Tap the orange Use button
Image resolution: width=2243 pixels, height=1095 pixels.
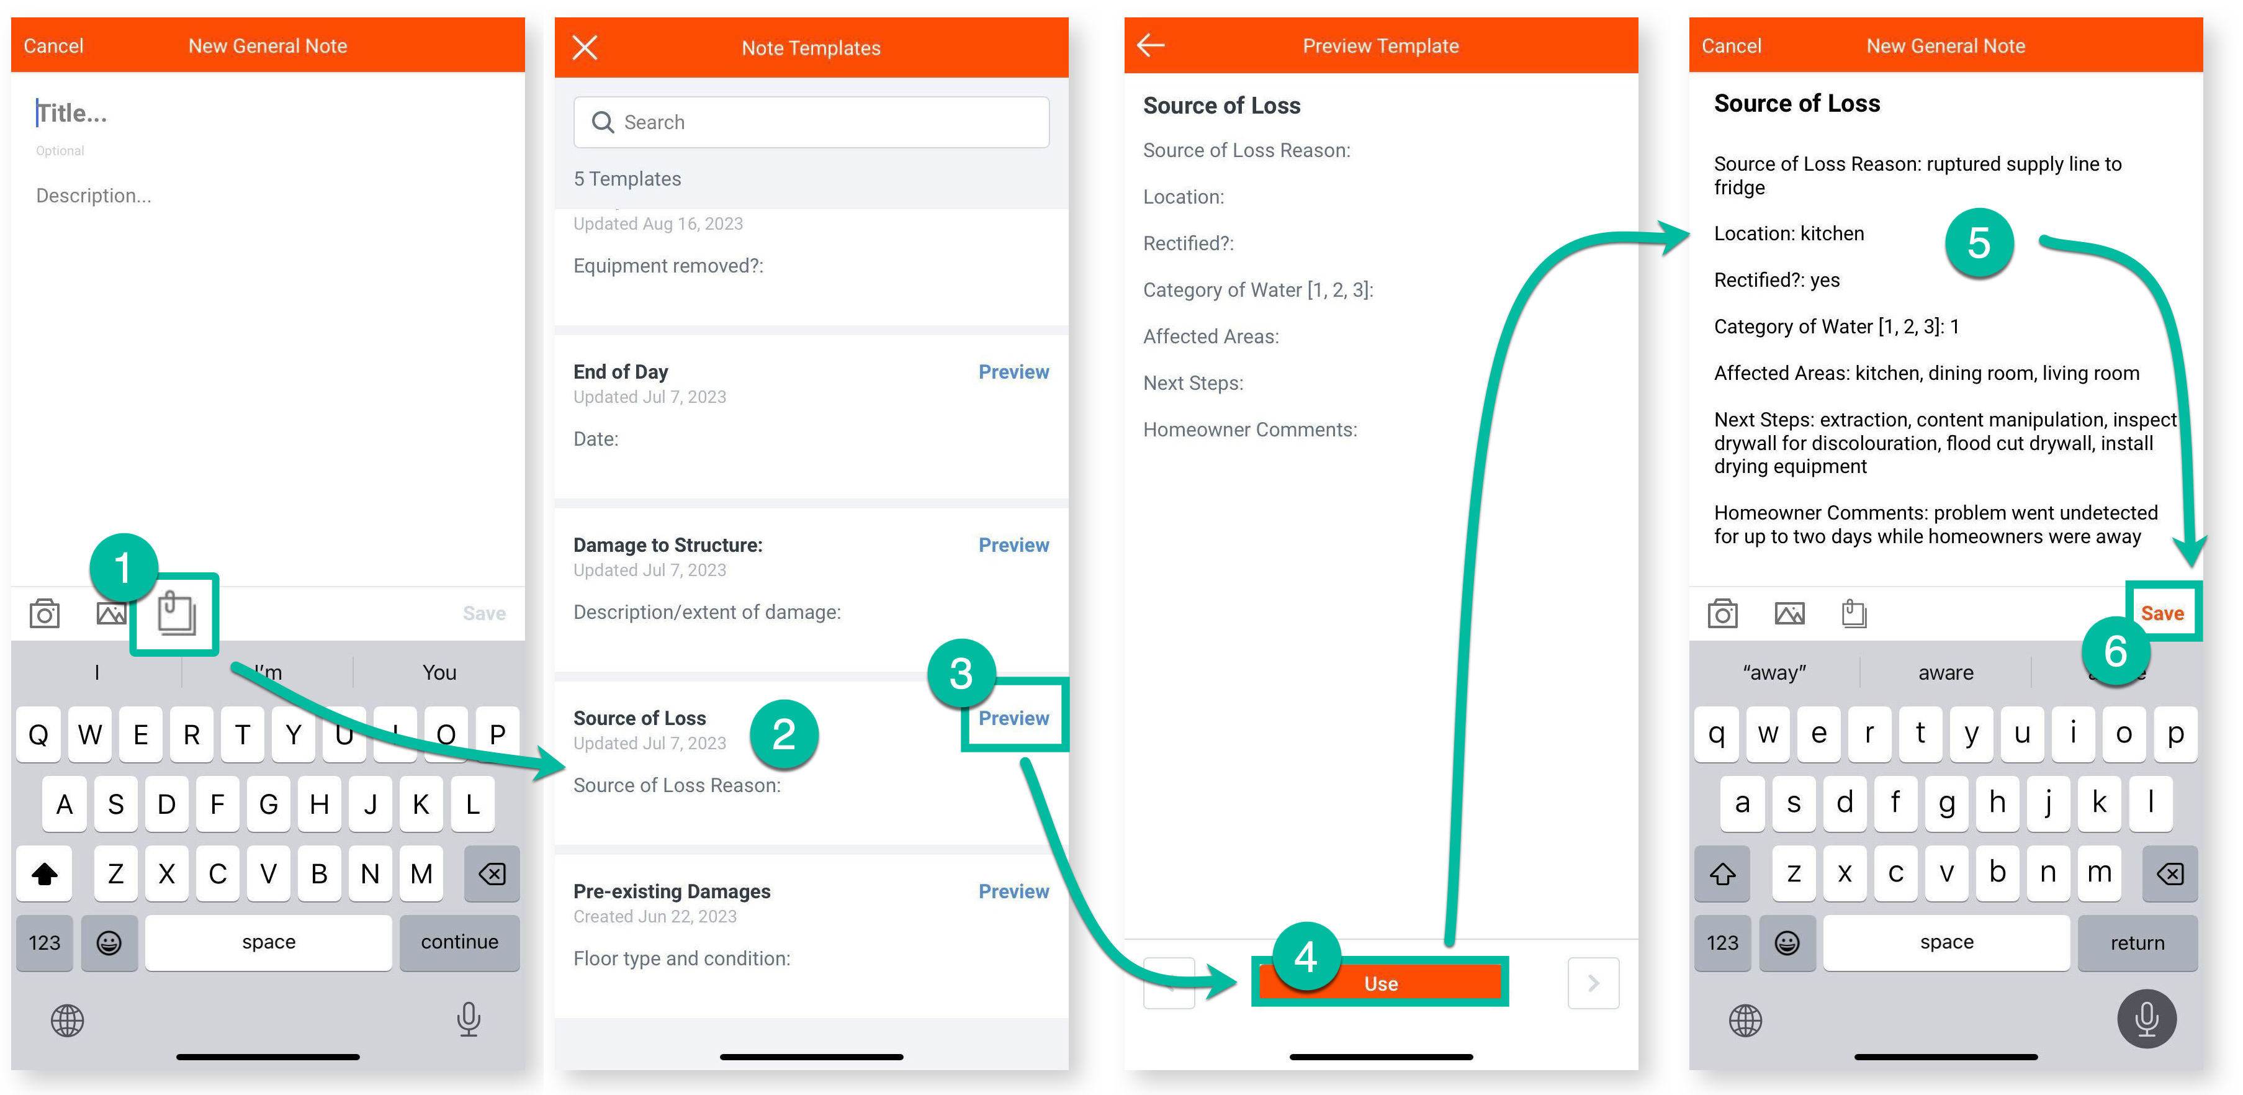coord(1381,983)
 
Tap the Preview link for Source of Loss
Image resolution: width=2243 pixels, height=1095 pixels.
coord(1014,718)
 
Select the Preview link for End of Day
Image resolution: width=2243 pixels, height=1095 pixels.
coord(1014,372)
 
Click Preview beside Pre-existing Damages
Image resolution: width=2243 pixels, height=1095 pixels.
coord(1014,891)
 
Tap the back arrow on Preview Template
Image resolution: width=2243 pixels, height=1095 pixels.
coord(1151,45)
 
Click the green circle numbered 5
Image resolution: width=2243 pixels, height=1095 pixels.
coord(1979,243)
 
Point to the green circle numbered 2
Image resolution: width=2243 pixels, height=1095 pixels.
coord(784,734)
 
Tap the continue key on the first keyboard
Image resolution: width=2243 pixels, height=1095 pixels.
coord(460,942)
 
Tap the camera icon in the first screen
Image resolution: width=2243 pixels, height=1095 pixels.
coord(45,613)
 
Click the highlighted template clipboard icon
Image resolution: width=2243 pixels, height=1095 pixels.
coord(176,613)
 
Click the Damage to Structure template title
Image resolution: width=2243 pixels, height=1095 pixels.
coord(668,544)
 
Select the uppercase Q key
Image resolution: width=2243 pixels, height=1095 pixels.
coord(38,734)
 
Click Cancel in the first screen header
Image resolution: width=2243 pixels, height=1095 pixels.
coord(53,45)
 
